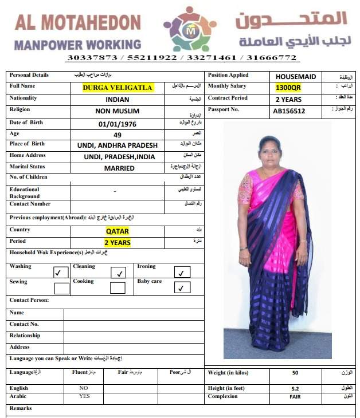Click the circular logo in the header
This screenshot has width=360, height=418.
(190, 29)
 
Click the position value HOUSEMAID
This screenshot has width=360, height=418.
(295, 76)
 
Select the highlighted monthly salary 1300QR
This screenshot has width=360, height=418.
(288, 87)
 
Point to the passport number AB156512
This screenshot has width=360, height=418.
(289, 111)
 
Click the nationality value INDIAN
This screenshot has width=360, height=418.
(118, 99)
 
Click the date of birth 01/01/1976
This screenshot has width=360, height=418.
(119, 123)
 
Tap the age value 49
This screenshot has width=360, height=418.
(118, 135)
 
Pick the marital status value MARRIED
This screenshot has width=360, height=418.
(119, 168)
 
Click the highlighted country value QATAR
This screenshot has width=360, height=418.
(118, 231)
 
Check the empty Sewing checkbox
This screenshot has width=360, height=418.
(61, 288)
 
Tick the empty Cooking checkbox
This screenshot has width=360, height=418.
(118, 288)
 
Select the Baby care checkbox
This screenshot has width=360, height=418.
(182, 288)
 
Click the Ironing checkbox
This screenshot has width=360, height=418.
(182, 273)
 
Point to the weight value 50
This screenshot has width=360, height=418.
(295, 373)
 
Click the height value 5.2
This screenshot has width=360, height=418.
(295, 388)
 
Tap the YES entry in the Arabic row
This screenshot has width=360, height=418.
(84, 396)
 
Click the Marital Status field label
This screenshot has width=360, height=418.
(27, 167)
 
